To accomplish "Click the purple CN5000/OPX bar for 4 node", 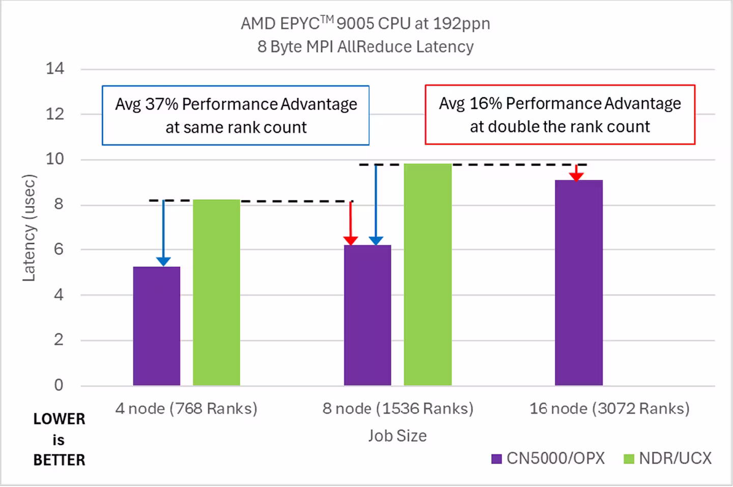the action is (x=156, y=326).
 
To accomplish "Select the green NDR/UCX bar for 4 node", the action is (x=216, y=292).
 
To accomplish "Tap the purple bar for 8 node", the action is (x=368, y=315).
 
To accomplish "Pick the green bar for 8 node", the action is (x=428, y=275).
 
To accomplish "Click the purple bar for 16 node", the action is (x=579, y=283).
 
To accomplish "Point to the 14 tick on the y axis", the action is (x=55, y=69).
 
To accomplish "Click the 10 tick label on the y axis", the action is (x=55, y=159).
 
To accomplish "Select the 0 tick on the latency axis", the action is (x=59, y=385).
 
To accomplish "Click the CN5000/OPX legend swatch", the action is (x=496, y=459).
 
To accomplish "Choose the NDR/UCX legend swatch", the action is (x=629, y=459).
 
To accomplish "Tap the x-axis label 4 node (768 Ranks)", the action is (x=186, y=409).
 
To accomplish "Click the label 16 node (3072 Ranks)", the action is (x=610, y=409).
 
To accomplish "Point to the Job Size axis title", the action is (x=398, y=436).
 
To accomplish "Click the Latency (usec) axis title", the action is (x=29, y=228).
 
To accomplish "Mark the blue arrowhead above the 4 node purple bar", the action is (x=163, y=261).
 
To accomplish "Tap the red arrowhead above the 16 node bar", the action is (x=576, y=176).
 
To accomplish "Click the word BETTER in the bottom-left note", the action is (x=59, y=460).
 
